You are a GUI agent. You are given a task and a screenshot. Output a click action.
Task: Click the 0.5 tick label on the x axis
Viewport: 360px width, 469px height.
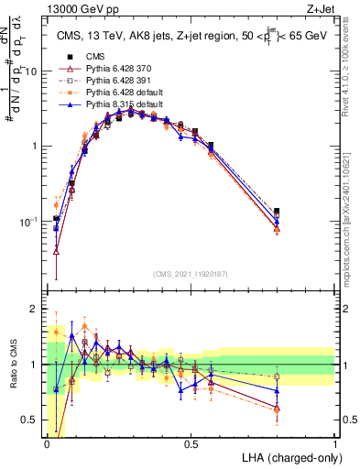[191, 443]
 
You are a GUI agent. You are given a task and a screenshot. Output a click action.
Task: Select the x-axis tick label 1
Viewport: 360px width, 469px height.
[335, 443]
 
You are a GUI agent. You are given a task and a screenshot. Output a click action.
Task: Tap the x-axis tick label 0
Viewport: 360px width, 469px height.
[47, 443]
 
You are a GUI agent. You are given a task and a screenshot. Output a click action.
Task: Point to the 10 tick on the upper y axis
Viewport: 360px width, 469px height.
[31, 71]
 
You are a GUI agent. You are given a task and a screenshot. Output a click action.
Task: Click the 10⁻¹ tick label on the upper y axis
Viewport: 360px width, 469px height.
[30, 222]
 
